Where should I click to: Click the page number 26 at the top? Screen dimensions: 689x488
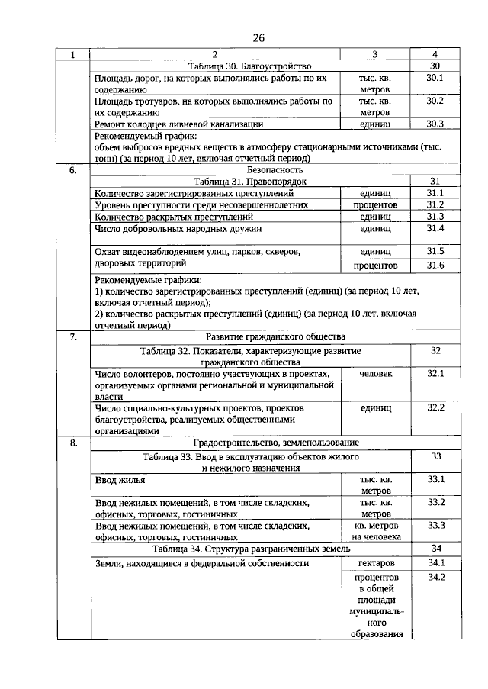[x=258, y=38]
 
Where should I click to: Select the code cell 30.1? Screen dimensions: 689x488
[x=435, y=78]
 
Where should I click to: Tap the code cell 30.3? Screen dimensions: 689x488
[x=435, y=123]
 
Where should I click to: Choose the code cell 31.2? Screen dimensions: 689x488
[x=435, y=204]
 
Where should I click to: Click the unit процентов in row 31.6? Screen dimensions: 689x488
[x=374, y=265]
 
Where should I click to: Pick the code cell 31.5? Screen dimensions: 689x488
[x=435, y=251]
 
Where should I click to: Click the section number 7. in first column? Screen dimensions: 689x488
[x=73, y=336]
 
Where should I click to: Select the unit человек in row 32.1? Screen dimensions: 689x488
[x=374, y=374]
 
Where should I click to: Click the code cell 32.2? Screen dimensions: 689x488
[x=435, y=407]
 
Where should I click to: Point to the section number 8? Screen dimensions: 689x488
[x=73, y=443]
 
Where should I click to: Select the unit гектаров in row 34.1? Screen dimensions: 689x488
[x=374, y=563]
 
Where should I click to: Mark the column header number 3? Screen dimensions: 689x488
[x=374, y=55]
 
